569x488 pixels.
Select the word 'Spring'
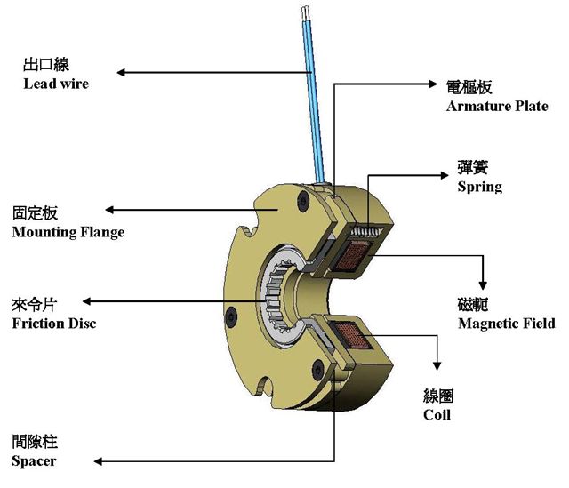point(479,187)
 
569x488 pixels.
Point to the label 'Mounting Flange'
point(68,232)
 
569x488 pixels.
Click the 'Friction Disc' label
point(53,323)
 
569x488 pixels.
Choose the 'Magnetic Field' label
point(506,323)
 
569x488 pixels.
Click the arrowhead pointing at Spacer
point(100,460)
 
